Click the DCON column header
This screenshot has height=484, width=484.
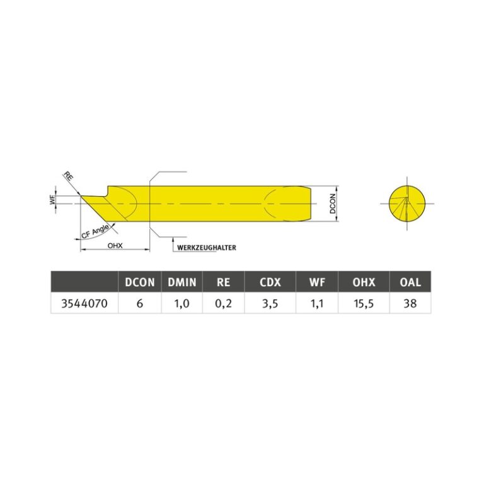(139, 282)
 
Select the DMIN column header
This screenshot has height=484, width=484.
(181, 282)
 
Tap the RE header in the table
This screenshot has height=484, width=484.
(223, 282)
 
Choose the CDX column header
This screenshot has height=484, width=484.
(270, 282)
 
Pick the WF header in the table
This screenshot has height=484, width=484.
(317, 282)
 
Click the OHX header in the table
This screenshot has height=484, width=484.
(364, 282)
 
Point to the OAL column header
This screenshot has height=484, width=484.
(410, 282)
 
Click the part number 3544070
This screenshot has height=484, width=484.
(84, 304)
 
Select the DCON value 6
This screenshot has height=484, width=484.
(139, 304)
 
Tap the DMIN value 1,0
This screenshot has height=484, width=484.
(181, 304)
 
